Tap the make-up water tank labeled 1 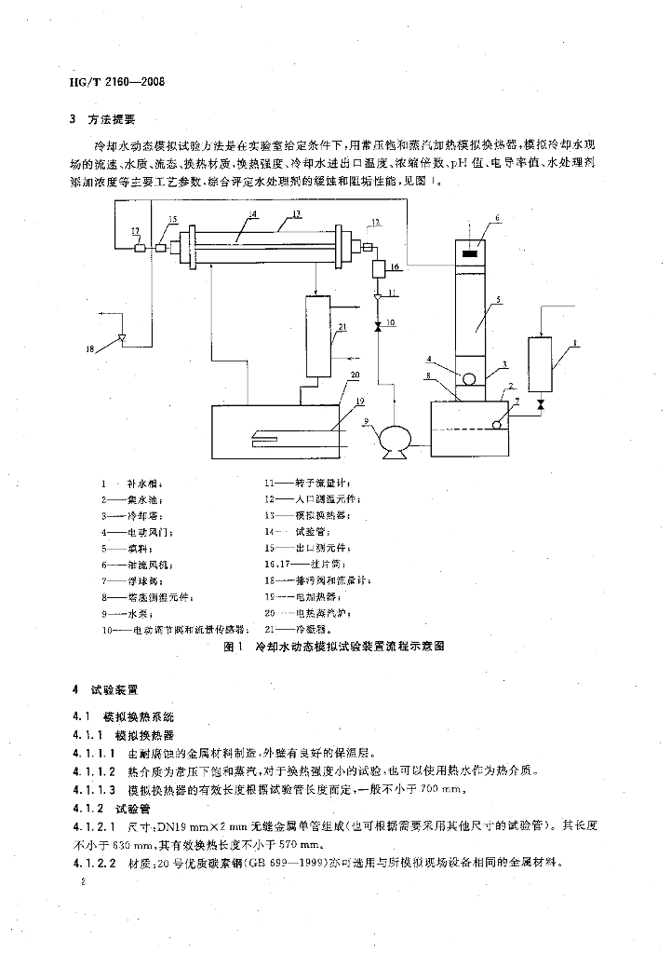[542, 366]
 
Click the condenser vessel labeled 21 [318, 334]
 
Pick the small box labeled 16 [379, 268]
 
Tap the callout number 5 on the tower [499, 300]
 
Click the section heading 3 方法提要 [104, 119]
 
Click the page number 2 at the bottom [84, 880]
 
